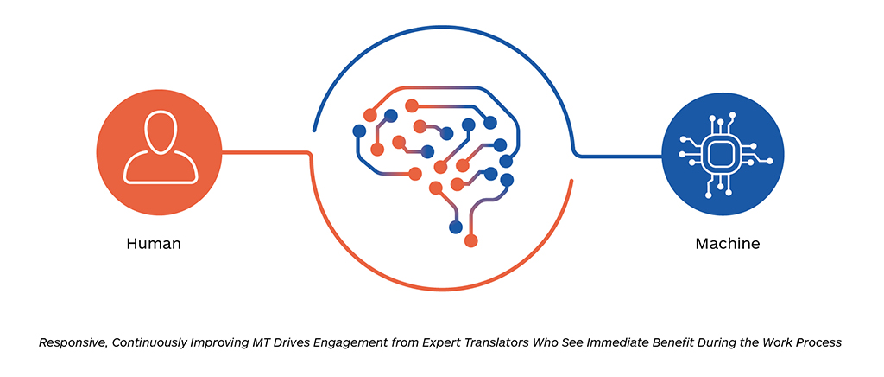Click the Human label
pos(154,244)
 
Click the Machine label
pos(727,244)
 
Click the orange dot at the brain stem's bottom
pos(470,241)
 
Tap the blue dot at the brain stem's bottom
pos(456,227)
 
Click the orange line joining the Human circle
pos(266,152)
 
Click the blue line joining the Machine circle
pos(617,155)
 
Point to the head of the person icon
pos(161,131)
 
